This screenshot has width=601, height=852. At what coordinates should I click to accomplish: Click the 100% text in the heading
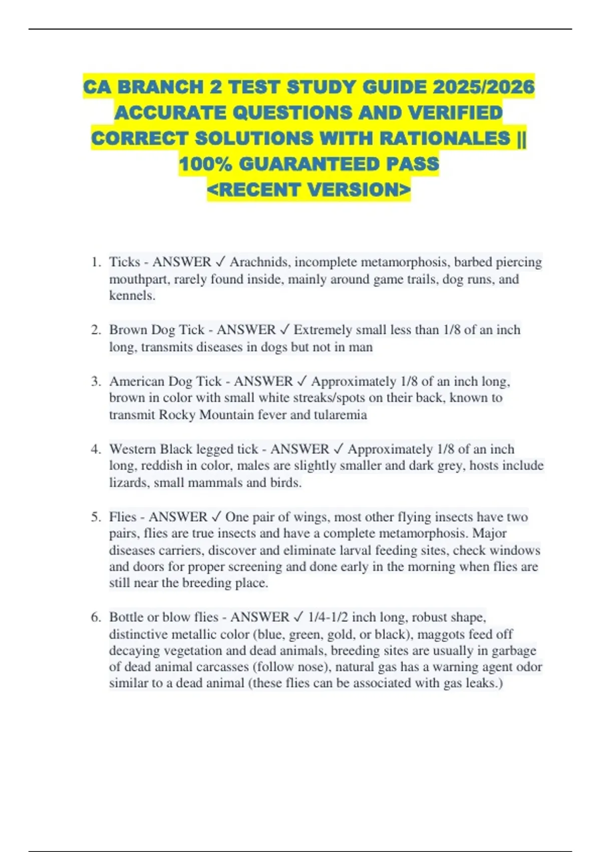click(x=205, y=164)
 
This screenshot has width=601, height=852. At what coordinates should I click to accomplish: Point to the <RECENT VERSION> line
click(x=309, y=190)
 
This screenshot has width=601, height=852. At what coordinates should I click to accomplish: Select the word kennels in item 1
click(x=131, y=296)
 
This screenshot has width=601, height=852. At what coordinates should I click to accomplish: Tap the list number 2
click(x=96, y=330)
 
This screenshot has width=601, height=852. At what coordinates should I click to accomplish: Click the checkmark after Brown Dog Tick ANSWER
click(x=284, y=330)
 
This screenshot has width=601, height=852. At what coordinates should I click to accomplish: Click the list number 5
click(x=96, y=517)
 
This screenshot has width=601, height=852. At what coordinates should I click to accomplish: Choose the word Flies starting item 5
click(x=123, y=517)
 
